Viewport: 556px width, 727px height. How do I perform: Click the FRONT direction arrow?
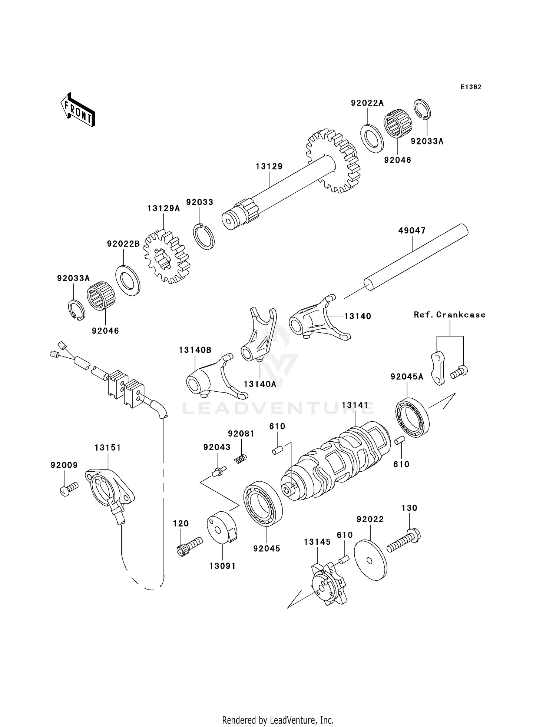[78, 110]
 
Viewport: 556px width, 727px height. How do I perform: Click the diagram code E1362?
[471, 87]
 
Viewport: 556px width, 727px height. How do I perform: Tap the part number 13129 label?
[269, 166]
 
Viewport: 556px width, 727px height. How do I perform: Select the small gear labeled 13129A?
[167, 257]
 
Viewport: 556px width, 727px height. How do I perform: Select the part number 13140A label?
[260, 384]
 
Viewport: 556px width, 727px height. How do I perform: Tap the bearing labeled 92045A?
[412, 417]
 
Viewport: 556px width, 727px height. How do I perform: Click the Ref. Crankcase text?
[450, 315]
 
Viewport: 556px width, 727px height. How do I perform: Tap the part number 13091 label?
[222, 566]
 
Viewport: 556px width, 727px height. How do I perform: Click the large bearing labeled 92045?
[263, 503]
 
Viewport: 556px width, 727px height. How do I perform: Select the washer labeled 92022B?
[128, 280]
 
